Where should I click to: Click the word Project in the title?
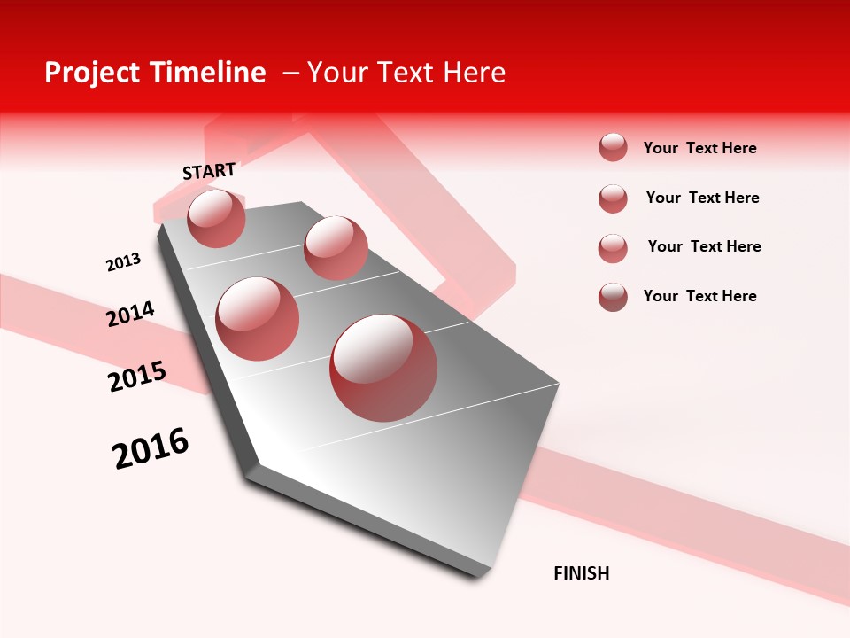pos(93,74)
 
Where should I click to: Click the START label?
pos(209,171)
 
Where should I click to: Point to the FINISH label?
pos(581,573)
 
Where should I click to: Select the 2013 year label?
pos(123,262)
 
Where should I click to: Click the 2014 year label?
pos(130,314)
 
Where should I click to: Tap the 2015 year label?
pos(137,377)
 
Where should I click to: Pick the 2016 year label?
pos(151,448)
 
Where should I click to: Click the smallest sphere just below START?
pos(216,218)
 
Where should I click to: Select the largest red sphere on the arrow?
pos(383,368)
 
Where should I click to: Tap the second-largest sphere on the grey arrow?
pos(258,318)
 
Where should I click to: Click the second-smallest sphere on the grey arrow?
pos(336,247)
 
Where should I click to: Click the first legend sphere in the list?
pos(613,147)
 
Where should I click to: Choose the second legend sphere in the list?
pos(613,198)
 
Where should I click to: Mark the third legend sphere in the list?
pos(613,248)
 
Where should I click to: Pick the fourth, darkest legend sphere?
pos(613,297)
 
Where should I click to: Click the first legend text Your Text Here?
pos(699,148)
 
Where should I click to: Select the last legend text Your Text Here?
pos(699,296)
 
